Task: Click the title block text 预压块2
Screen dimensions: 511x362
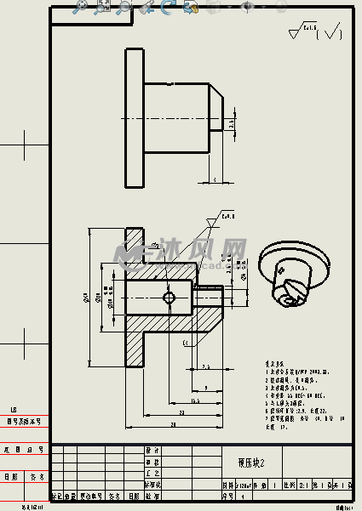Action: point(251,463)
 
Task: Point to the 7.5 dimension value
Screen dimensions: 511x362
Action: point(207,366)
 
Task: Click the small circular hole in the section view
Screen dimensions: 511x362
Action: point(169,298)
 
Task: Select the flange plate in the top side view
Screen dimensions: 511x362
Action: point(134,117)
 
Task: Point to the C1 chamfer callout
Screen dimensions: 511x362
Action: point(186,343)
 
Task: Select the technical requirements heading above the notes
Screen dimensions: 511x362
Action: point(275,361)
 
